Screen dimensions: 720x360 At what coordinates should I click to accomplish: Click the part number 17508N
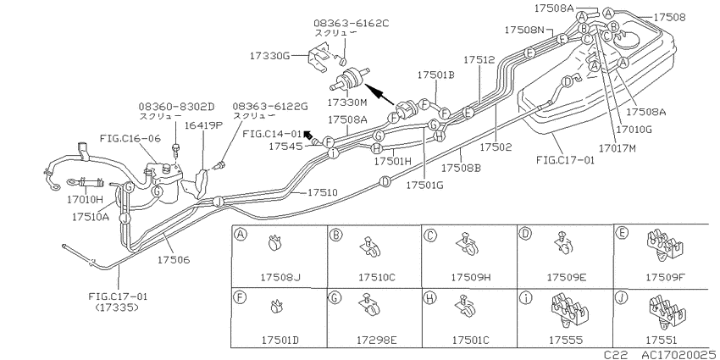pos(524,30)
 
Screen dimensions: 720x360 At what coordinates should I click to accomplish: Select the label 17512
pos(479,59)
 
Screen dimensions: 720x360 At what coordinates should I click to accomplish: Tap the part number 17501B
pos(435,75)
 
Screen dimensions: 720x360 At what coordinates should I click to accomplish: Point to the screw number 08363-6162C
pos(352,23)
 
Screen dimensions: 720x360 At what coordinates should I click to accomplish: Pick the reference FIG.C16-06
pos(130,138)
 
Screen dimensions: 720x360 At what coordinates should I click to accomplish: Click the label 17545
pos(285,147)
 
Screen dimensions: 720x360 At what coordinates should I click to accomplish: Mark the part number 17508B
pos(461,168)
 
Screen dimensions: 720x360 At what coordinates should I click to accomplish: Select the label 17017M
pos(618,148)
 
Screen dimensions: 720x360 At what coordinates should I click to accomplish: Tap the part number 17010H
pos(86,200)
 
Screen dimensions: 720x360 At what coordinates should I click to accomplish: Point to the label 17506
pos(174,260)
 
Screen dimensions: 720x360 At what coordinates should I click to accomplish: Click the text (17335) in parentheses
pos(116,307)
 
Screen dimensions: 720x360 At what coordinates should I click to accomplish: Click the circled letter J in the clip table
pos(621,298)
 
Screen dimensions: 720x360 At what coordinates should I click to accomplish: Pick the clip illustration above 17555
pos(569,312)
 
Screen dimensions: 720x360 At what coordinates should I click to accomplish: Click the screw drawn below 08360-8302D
pos(175,149)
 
